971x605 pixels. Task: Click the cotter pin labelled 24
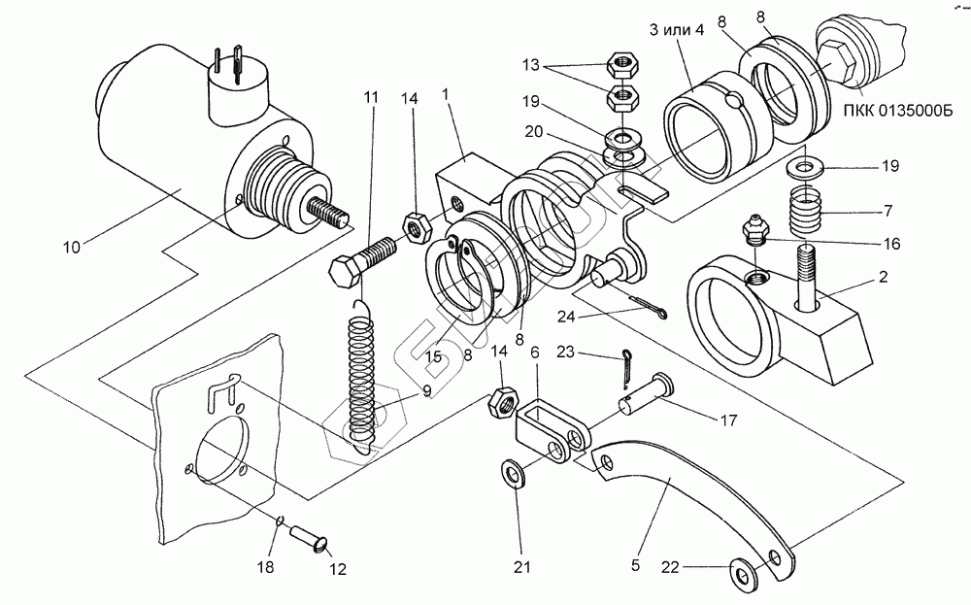tap(635, 306)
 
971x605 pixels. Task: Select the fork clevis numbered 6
tap(549, 428)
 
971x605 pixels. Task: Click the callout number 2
tap(883, 277)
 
